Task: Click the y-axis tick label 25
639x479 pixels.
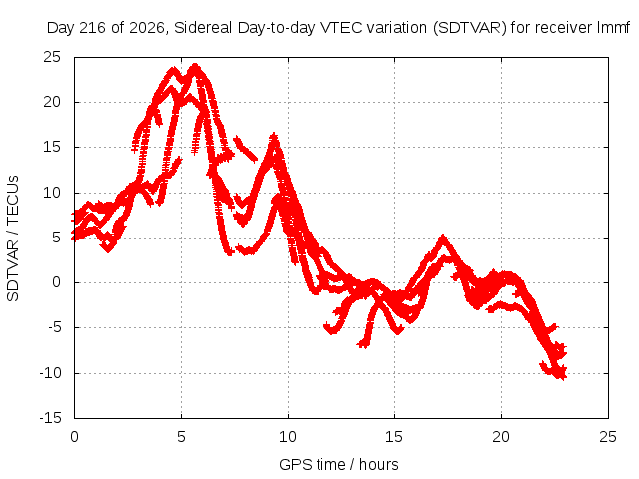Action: click(52, 57)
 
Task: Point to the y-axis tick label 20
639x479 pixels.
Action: click(52, 102)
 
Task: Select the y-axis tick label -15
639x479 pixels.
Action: click(50, 418)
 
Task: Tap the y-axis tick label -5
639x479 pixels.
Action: click(53, 327)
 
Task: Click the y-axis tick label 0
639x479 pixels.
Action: click(56, 282)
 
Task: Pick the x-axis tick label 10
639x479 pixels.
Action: click(288, 437)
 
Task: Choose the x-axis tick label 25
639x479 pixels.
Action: click(608, 437)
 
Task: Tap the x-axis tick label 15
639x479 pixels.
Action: click(394, 437)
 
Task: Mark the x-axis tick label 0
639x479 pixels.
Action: click(74, 437)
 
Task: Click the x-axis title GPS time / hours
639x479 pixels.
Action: click(338, 465)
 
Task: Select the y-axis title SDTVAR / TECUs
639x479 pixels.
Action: click(13, 239)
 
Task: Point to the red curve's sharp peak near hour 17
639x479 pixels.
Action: click(443, 237)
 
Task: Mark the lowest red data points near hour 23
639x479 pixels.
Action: click(561, 375)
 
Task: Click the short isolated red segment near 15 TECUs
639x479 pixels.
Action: click(246, 150)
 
